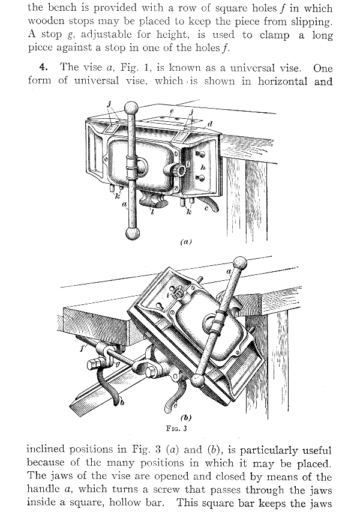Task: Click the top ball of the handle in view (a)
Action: tap(131, 107)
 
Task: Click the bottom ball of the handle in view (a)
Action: tap(132, 233)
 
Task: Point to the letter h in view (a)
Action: tap(203, 167)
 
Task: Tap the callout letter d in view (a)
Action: tap(210, 124)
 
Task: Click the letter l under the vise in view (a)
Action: tap(152, 212)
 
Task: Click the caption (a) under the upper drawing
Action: tap(186, 242)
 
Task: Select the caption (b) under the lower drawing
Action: tap(186, 417)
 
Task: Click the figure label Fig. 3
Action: tap(176, 429)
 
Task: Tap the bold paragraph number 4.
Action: tap(44, 67)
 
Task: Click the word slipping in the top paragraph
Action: tap(311, 22)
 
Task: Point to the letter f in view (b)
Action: tap(82, 348)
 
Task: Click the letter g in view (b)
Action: tap(118, 364)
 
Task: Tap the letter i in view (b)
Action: tap(167, 295)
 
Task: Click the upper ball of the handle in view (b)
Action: tap(240, 262)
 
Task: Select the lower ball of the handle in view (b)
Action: tap(197, 381)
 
